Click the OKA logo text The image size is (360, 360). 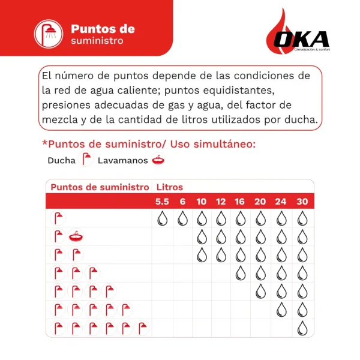click(x=302, y=40)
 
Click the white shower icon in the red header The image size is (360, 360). click(x=47, y=33)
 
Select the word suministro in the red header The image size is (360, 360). click(x=97, y=41)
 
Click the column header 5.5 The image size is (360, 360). click(x=162, y=201)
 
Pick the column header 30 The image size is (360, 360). click(x=302, y=201)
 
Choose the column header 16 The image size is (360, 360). click(x=240, y=201)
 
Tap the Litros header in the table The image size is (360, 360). click(x=170, y=187)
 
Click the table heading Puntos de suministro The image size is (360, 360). click(x=100, y=187)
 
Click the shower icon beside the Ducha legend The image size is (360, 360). click(x=87, y=160)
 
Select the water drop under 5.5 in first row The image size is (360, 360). click(x=162, y=218)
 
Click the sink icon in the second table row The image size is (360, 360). click(x=76, y=236)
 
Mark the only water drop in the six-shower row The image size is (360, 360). click(x=302, y=328)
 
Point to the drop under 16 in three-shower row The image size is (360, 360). click(x=240, y=273)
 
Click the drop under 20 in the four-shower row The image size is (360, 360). click(x=260, y=292)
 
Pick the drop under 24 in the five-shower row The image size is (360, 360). click(x=281, y=310)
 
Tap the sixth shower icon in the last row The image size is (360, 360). click(x=142, y=328)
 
